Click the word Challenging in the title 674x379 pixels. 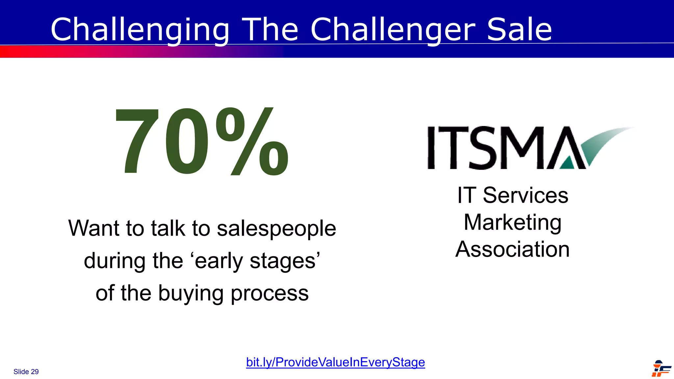tap(140, 30)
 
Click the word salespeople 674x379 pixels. tap(276, 229)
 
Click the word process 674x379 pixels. tap(270, 294)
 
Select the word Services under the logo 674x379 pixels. tap(525, 195)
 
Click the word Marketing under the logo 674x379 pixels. tap(512, 223)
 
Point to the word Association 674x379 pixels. tap(512, 249)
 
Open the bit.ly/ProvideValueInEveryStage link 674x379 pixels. tap(335, 362)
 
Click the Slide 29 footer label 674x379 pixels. tap(26, 372)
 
